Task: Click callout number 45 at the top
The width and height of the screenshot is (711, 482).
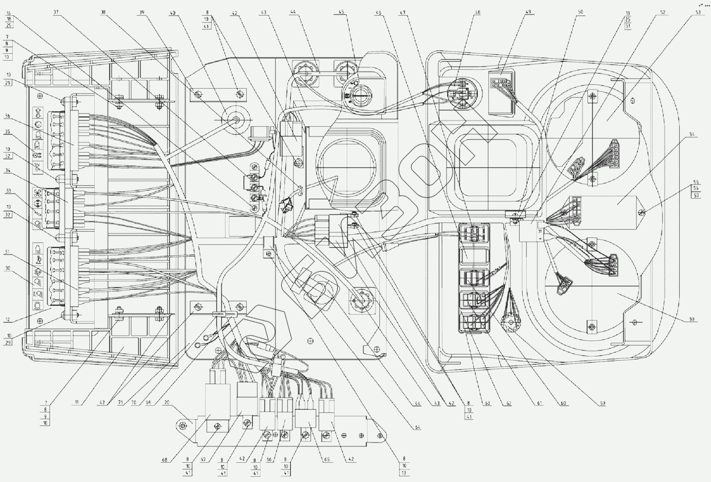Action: [341, 12]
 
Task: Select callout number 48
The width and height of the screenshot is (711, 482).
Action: [477, 12]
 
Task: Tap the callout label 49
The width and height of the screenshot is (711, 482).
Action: [528, 12]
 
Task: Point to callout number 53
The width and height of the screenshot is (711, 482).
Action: [698, 12]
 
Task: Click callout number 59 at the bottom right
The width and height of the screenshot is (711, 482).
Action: [602, 403]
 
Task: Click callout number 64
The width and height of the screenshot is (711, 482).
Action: [418, 428]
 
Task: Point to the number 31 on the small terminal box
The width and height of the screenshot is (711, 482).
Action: [540, 230]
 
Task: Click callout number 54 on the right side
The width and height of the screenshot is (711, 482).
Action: [692, 134]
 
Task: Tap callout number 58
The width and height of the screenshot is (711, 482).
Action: [691, 320]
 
